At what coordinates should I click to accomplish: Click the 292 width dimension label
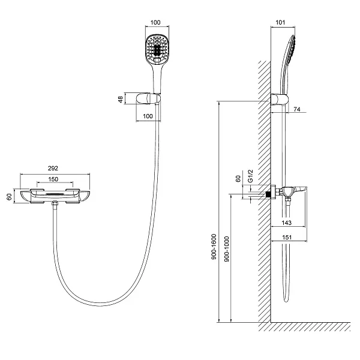click(53, 168)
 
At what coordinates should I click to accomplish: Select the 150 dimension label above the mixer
click(53, 179)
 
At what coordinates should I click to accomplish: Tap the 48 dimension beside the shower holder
click(121, 100)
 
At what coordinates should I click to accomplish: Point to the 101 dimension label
click(280, 23)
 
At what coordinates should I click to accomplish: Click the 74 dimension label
click(297, 109)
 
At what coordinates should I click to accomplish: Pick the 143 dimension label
click(287, 223)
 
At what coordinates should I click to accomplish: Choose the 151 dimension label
click(287, 238)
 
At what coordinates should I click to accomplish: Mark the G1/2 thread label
click(251, 176)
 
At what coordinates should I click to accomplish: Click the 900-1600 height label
click(214, 247)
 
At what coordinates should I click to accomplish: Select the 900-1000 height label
click(227, 249)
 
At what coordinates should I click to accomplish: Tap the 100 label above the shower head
click(155, 23)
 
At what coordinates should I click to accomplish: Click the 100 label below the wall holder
click(148, 116)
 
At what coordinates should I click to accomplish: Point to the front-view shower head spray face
click(157, 49)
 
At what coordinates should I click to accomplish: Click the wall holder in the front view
click(148, 99)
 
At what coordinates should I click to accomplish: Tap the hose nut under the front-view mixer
click(55, 203)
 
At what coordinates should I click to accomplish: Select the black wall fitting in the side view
click(268, 194)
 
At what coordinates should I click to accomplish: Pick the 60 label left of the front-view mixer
click(9, 197)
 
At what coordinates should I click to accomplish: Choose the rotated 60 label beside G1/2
click(238, 179)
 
